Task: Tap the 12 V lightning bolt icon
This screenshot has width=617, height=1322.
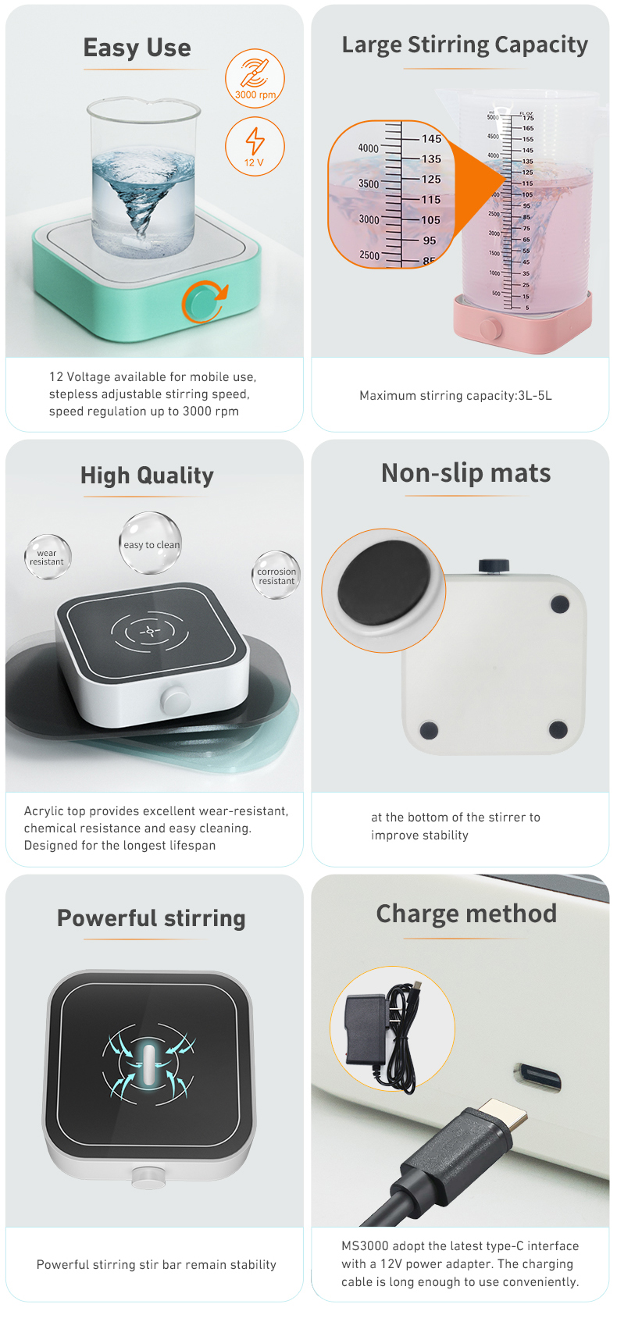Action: [255, 145]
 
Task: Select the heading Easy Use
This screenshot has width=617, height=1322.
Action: [137, 48]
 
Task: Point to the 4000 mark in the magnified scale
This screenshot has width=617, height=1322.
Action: [368, 148]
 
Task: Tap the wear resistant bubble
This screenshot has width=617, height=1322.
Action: [48, 557]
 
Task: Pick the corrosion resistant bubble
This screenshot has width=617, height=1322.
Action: [276, 575]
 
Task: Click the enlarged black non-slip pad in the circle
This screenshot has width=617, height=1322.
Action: [384, 590]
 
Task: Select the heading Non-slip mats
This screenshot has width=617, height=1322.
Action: [465, 473]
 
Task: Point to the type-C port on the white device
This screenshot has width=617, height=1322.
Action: [538, 1077]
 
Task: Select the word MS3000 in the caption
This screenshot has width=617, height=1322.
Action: [365, 1246]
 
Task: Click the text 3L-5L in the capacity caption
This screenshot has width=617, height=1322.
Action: [535, 396]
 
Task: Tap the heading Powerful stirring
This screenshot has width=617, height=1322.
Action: [152, 918]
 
